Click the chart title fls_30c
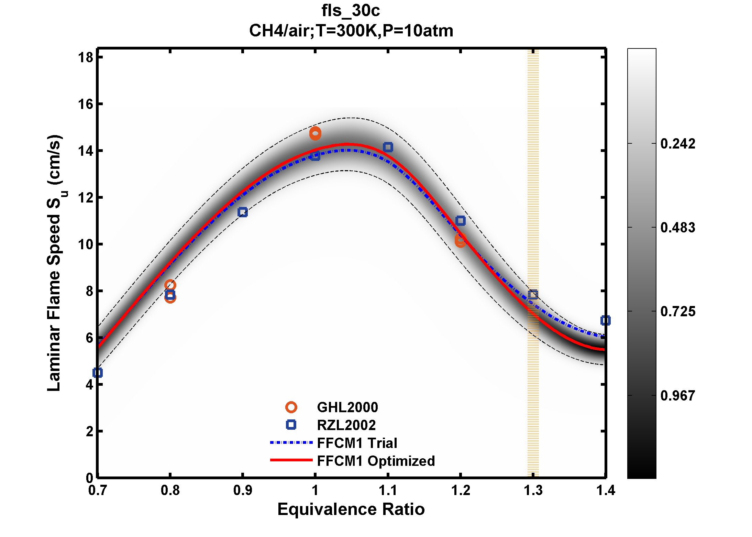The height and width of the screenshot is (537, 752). [351, 11]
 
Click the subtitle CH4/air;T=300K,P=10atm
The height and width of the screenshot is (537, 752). [351, 31]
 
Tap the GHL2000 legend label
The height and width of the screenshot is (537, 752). [347, 407]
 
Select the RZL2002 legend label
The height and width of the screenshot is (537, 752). [346, 425]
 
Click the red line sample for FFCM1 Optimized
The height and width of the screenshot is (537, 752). [291, 460]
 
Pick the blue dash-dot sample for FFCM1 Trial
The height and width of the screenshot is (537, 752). [291, 442]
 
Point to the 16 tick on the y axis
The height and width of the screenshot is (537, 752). [86, 104]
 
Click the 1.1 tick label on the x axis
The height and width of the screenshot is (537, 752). [388, 491]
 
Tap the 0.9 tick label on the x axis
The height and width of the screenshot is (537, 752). [243, 491]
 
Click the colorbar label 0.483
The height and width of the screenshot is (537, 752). [677, 228]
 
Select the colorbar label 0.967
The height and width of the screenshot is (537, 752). [677, 396]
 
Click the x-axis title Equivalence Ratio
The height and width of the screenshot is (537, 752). [351, 509]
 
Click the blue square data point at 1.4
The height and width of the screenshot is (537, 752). [605, 320]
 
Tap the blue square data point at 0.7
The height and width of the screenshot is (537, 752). [98, 373]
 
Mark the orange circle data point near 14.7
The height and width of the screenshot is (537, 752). [315, 133]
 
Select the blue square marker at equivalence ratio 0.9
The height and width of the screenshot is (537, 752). [243, 212]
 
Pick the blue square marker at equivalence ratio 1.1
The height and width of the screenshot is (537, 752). [388, 147]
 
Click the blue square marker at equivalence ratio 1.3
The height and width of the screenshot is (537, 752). [533, 294]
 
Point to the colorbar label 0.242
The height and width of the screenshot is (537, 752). [677, 144]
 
